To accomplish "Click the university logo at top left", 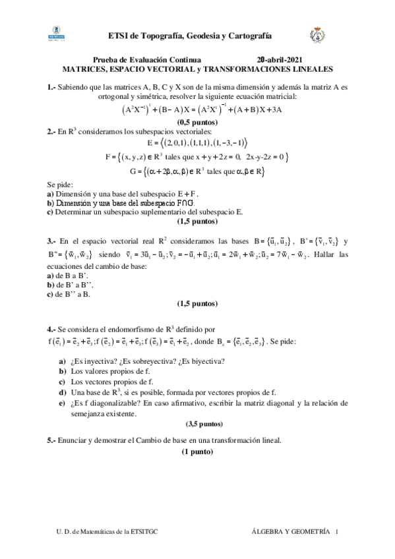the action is pos(58,34).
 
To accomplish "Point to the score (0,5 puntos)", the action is pos(197,123).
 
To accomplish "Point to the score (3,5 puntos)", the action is pos(197,423).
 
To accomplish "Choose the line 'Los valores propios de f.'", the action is pos(111,371).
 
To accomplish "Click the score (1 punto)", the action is pos(197,452).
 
